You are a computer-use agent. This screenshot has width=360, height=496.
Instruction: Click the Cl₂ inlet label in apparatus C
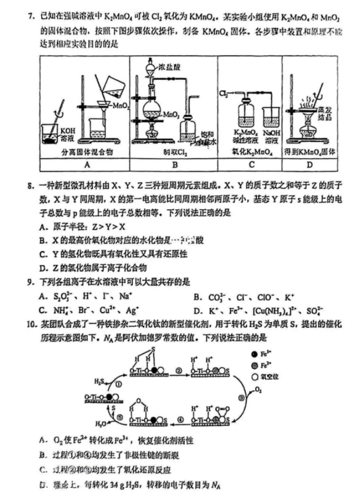point(224,92)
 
